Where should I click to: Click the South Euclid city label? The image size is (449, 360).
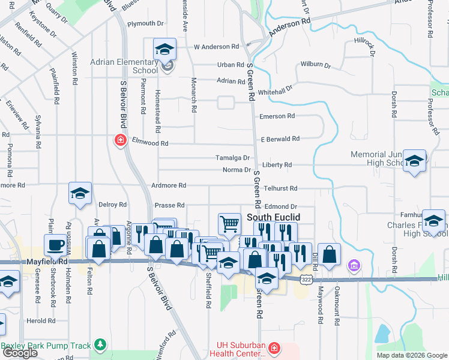[273, 217]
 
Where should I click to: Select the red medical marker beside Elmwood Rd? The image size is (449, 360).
[120, 140]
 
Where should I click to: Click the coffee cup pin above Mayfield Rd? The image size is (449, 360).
[56, 245]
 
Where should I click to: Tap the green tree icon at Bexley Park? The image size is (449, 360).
[100, 345]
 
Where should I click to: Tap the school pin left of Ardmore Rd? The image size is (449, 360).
[80, 194]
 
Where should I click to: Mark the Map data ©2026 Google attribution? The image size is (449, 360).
[411, 355]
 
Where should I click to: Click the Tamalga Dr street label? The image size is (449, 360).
[233, 158]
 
